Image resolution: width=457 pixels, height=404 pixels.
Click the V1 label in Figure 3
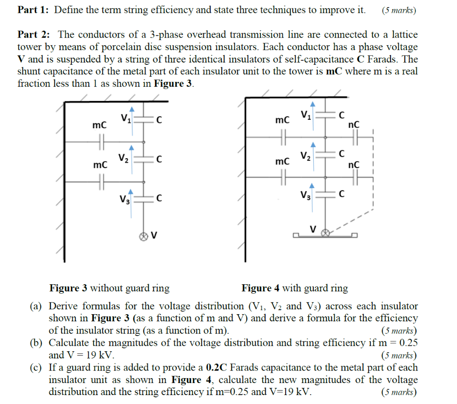(125, 119)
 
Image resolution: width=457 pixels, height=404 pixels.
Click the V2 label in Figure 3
(124, 158)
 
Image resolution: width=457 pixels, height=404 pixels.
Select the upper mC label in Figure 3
(100, 126)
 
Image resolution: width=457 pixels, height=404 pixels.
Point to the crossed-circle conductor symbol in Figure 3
(144, 235)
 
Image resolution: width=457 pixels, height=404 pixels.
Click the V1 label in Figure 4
(306, 115)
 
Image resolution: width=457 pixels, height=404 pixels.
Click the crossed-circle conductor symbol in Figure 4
(326, 232)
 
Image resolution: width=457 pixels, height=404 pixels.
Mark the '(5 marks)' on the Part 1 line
(399, 10)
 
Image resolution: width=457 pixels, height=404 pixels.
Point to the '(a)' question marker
(36, 307)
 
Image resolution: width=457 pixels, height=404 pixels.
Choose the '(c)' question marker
(36, 368)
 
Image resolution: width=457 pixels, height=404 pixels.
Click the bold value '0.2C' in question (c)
(217, 368)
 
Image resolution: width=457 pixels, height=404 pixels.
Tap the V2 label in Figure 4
(306, 156)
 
